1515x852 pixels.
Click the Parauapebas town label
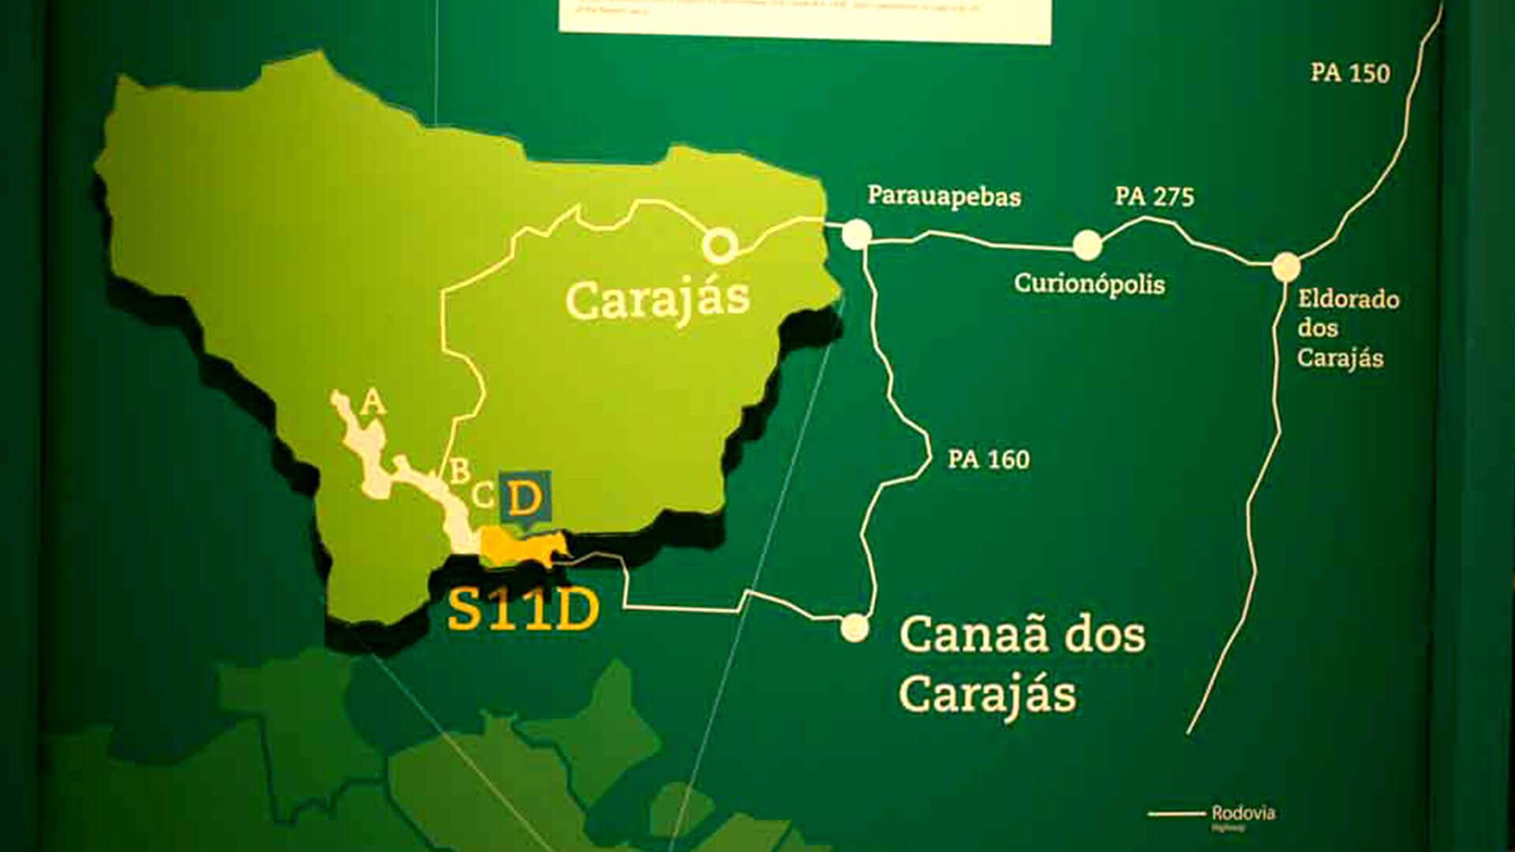point(944,196)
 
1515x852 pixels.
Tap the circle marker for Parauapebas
point(856,234)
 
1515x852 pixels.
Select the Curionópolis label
point(1089,284)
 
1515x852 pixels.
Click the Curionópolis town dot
point(1087,245)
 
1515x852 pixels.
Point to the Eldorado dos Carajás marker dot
point(1285,267)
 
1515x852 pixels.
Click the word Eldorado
point(1348,300)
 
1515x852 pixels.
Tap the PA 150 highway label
point(1350,73)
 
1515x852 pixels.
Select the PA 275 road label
point(1154,196)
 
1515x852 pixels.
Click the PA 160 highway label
point(988,459)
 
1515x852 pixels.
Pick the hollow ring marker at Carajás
point(719,245)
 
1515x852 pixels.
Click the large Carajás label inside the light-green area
point(656,301)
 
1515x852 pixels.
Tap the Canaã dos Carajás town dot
point(854,628)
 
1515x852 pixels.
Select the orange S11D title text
point(523,609)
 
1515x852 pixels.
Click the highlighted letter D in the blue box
point(525,499)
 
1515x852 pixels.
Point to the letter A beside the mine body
point(372,404)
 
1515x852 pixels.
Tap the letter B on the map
point(459,471)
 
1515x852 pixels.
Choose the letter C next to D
point(483,496)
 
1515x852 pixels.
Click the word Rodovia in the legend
point(1243,813)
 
